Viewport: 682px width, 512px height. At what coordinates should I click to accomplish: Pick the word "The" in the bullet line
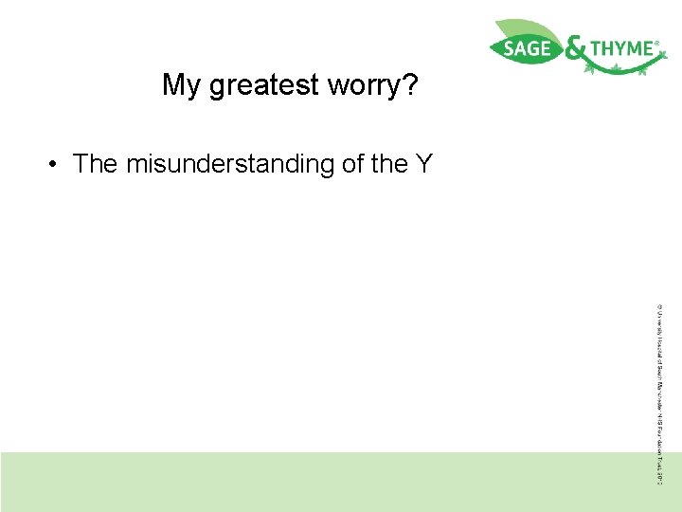tap(95, 164)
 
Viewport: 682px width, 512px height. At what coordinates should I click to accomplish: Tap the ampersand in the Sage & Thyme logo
tap(574, 50)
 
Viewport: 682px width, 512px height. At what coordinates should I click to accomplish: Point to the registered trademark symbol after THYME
tap(657, 43)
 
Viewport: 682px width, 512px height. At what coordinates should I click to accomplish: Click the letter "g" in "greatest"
tap(216, 87)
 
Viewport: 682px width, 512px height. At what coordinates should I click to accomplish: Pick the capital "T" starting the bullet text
tap(81, 164)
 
